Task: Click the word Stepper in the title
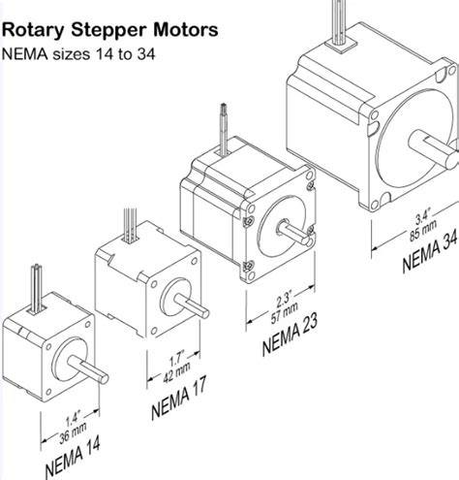(x=109, y=30)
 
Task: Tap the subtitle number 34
(x=146, y=54)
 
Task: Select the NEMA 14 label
(x=73, y=457)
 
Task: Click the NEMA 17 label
(x=178, y=397)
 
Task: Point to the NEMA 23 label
(x=290, y=335)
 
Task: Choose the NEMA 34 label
(x=430, y=253)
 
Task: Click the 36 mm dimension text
(x=73, y=433)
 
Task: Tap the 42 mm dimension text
(x=176, y=372)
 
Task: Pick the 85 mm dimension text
(x=423, y=231)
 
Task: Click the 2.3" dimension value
(x=284, y=299)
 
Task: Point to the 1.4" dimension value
(x=73, y=419)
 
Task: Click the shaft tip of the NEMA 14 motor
(x=104, y=378)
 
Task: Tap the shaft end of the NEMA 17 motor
(x=204, y=313)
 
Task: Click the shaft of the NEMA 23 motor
(x=293, y=233)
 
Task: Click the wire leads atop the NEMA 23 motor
(x=225, y=128)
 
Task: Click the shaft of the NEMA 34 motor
(x=433, y=149)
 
